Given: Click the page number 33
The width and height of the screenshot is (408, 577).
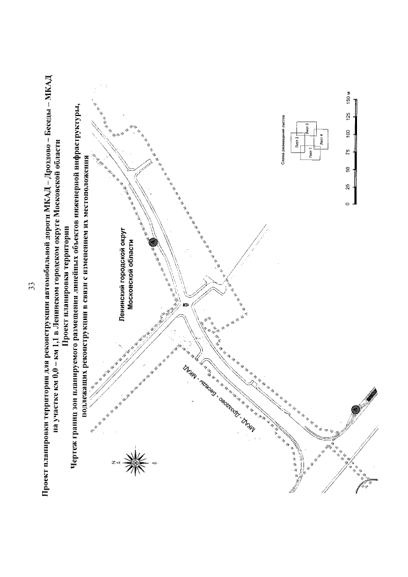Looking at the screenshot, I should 31,288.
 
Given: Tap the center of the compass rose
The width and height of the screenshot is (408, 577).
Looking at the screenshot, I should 134,460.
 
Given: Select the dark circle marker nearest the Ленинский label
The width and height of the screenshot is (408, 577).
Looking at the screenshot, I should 152,242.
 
